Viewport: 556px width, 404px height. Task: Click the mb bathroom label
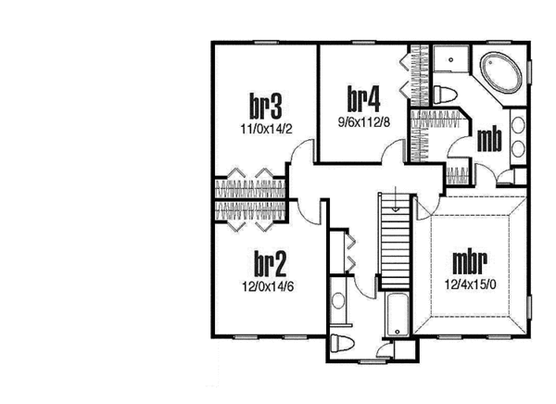[x=490, y=139]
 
